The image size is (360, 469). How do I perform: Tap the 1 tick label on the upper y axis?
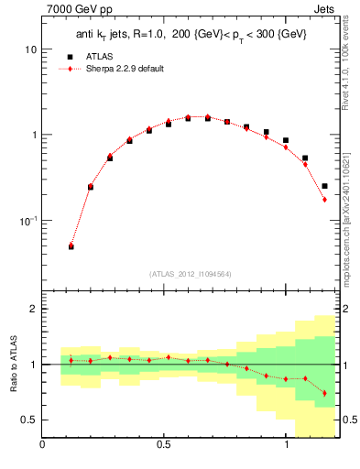tap(34, 135)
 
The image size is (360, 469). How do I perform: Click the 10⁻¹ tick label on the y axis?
tap(28, 221)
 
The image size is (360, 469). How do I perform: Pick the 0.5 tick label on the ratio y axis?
tap(29, 420)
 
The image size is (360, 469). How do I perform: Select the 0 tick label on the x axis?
tap(43, 446)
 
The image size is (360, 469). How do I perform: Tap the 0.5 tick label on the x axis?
tap(164, 446)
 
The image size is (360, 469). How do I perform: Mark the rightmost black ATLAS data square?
tap(324, 186)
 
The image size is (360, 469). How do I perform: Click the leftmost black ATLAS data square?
tap(71, 246)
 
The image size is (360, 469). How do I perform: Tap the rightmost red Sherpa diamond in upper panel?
tap(324, 200)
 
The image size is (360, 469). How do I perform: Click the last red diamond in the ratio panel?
tap(324, 393)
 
